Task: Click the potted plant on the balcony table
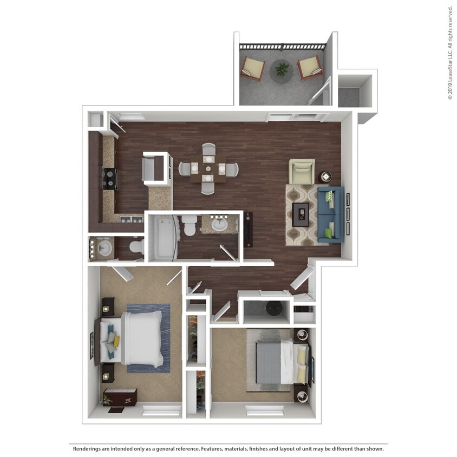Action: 282,69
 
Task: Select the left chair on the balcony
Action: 253,68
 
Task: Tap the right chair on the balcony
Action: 310,68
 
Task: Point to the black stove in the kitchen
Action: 110,179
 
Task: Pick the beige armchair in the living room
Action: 302,171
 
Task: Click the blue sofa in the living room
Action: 330,214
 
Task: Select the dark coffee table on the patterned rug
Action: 301,214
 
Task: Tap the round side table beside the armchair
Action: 326,177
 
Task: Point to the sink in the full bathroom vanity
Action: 220,224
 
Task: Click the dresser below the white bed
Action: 121,397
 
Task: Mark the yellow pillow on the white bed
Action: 116,341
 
